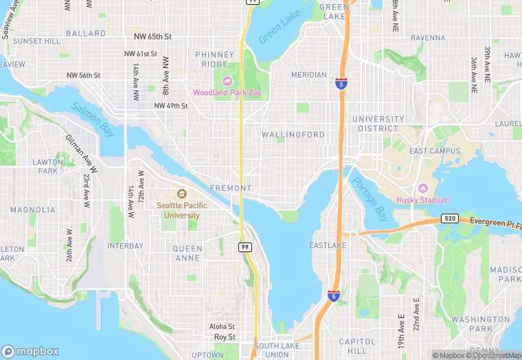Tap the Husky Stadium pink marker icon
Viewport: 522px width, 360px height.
coord(422,189)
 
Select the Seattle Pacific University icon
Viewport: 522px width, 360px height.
coord(181,194)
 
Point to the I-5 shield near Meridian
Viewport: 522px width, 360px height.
coord(341,83)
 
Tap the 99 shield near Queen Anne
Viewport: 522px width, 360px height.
coord(245,246)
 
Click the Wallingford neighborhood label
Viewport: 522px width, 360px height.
coord(293,135)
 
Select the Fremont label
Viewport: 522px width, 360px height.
coord(231,188)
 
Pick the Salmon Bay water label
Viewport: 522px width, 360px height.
coord(93,118)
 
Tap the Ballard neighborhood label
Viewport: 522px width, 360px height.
coord(86,33)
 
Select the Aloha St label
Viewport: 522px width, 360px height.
coord(222,326)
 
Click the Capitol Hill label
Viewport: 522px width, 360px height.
coord(357,347)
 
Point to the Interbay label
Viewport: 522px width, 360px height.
coord(125,245)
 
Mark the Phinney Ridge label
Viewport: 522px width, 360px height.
coord(215,60)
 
